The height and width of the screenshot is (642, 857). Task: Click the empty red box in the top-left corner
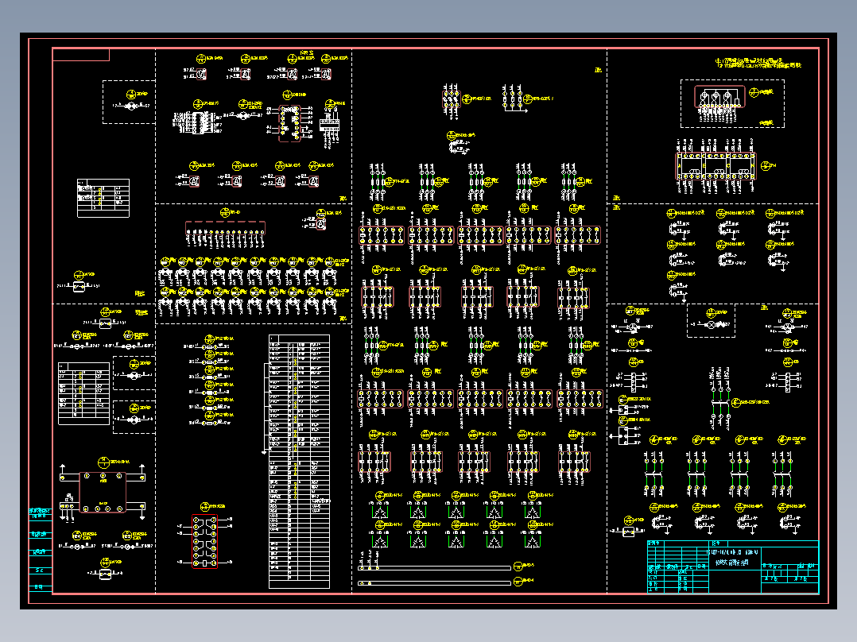(x=81, y=54)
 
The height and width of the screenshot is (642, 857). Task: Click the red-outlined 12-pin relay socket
(x=206, y=543)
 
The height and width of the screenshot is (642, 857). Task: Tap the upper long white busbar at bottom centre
(x=434, y=568)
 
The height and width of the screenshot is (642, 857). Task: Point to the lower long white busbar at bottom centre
(x=434, y=583)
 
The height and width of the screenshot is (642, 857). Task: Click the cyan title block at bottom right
(x=731, y=567)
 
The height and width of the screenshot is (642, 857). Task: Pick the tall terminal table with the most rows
(x=299, y=461)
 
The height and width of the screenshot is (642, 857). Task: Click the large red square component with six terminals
(x=102, y=493)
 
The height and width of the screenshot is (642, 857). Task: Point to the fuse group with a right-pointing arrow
(x=515, y=100)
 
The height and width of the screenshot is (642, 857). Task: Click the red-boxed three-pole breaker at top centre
(x=451, y=99)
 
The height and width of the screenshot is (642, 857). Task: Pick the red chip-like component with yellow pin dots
(x=289, y=124)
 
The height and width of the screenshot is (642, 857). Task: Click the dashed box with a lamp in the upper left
(x=128, y=102)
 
